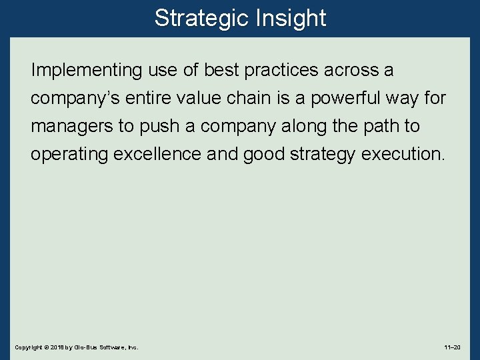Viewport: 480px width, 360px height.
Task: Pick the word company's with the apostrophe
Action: tap(75, 98)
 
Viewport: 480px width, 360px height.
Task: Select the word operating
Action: tap(69, 154)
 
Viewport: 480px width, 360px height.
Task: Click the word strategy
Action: tap(324, 154)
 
